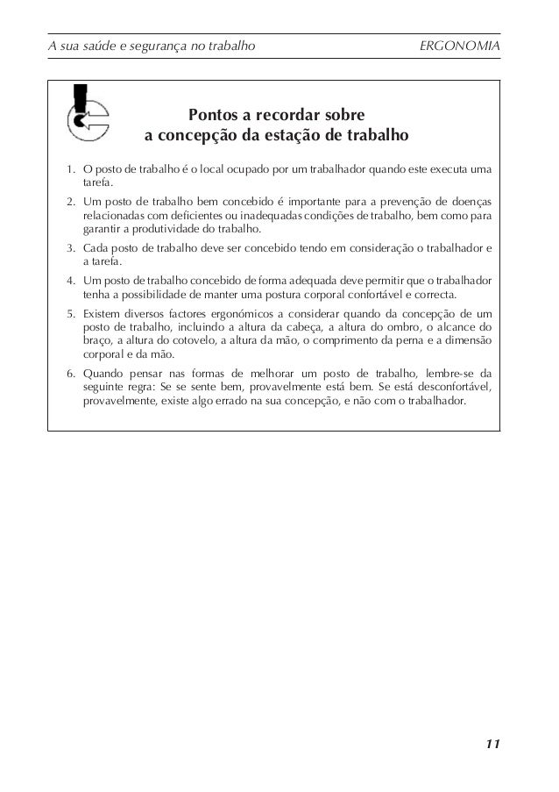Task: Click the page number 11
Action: [x=492, y=745]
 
